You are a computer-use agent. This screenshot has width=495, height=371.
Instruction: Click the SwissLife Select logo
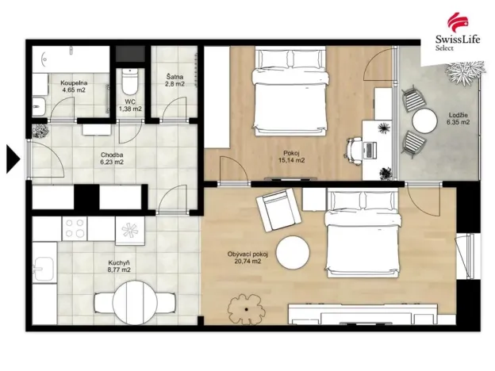point(455,31)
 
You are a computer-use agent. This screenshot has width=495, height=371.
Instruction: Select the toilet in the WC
point(129,82)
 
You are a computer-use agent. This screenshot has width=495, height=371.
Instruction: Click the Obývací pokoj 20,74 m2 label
point(247,258)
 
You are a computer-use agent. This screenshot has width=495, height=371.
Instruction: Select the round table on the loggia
point(424,121)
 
